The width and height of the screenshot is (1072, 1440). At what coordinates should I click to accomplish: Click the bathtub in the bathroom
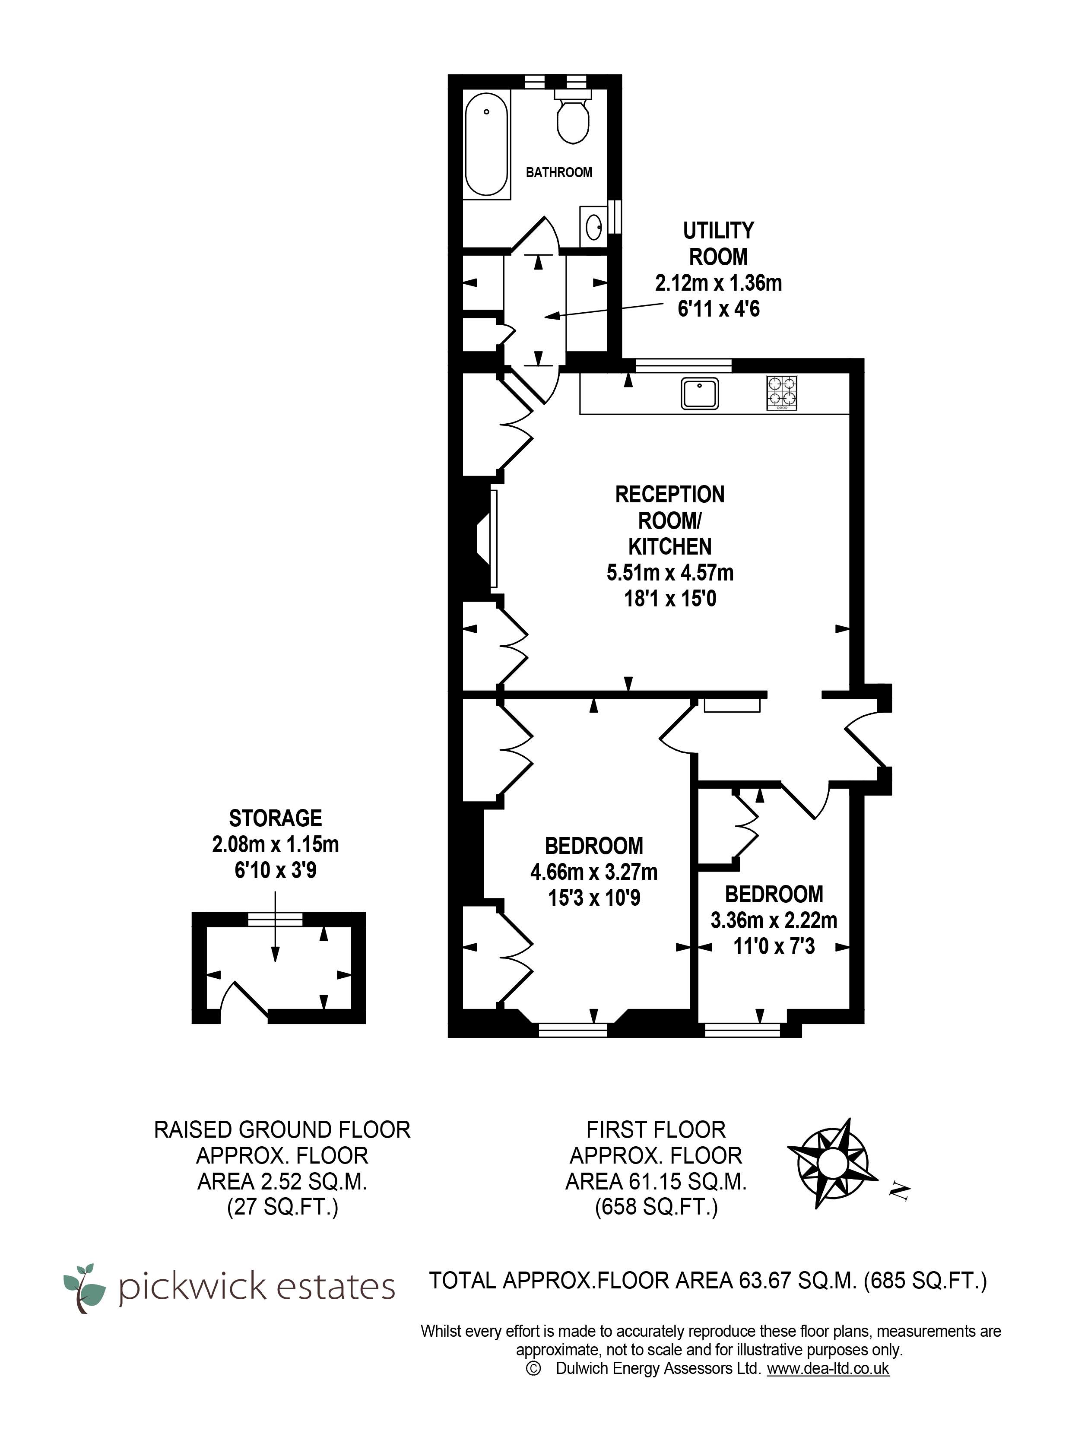[x=487, y=144]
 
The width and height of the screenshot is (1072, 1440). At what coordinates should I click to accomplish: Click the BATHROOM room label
[x=559, y=172]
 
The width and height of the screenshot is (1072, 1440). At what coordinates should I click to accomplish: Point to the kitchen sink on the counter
[x=700, y=393]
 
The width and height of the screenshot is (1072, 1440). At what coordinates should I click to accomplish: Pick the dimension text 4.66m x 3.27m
[x=594, y=872]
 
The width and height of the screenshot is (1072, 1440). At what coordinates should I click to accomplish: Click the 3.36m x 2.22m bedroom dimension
[x=774, y=920]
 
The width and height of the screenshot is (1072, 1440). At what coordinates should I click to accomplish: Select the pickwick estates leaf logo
[x=84, y=1288]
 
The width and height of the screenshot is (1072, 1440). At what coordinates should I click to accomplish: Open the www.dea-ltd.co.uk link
[x=828, y=1369]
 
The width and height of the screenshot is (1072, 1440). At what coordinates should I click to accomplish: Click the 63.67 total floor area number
[x=766, y=1280]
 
